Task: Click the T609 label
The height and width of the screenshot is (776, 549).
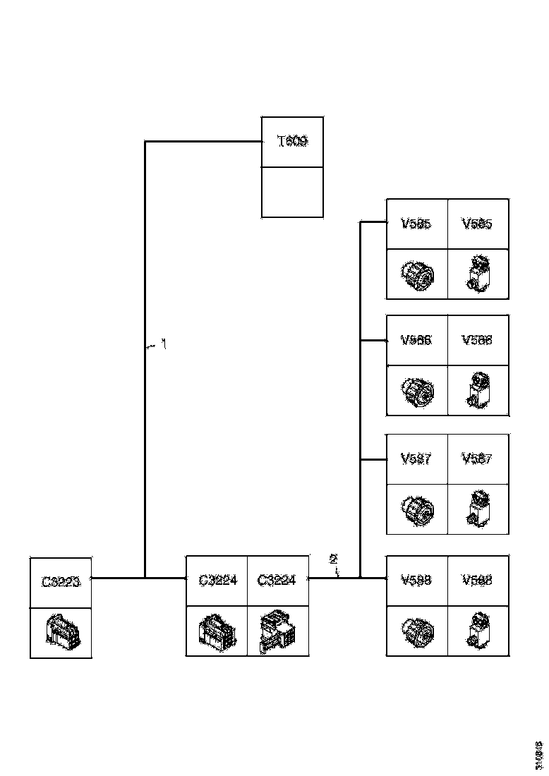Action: pos(292,142)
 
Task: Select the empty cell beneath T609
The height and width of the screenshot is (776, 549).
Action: pos(292,192)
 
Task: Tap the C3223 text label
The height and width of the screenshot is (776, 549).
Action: pos(61,582)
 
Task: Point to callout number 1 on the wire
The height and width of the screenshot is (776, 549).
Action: pos(164,345)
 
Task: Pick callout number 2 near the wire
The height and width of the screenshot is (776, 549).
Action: pos(333,560)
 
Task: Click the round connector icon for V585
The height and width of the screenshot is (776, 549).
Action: pos(416,273)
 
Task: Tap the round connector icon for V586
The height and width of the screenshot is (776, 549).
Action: pos(416,390)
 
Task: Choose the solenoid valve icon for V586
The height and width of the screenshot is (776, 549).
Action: pos(478,390)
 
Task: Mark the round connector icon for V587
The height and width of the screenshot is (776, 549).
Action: pos(416,508)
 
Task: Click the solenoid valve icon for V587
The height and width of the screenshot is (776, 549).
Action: pos(478,508)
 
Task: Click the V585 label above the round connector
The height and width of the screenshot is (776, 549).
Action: pos(416,224)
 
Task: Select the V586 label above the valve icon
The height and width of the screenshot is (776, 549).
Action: pos(477,340)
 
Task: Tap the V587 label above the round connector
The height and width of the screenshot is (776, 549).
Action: pos(416,459)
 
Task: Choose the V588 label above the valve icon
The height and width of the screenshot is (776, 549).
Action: pos(477,581)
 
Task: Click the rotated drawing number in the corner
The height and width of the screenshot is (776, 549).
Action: pos(538,754)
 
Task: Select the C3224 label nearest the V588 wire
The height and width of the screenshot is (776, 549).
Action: pos(277,581)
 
